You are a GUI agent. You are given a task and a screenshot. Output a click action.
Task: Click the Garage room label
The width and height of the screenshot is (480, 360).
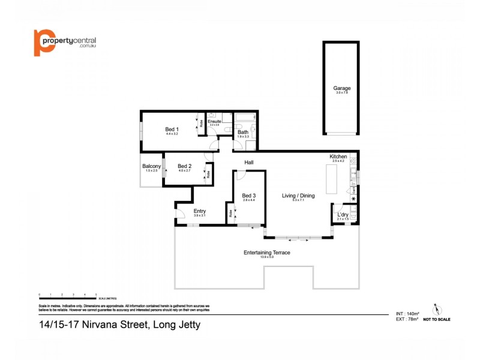point(342,88)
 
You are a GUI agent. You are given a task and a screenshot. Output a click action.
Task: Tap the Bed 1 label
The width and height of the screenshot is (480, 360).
point(172,129)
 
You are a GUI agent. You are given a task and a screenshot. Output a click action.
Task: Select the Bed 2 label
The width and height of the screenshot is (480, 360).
point(185,166)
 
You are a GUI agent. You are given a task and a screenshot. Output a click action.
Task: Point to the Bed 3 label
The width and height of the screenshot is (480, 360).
point(249,196)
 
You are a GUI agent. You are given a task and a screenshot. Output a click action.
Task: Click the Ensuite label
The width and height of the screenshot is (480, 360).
point(214,121)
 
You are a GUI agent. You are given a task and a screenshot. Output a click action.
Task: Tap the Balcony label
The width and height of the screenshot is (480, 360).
point(151,166)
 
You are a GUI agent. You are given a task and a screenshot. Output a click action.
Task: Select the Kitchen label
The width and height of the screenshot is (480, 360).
point(338,157)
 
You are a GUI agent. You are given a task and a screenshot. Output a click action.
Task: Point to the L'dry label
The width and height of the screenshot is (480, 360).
point(343,214)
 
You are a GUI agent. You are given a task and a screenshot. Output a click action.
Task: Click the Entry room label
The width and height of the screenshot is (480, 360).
point(200,211)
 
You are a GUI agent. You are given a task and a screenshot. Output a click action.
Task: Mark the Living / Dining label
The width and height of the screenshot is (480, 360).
point(298,196)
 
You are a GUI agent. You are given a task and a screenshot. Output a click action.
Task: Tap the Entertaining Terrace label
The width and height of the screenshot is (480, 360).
point(266,253)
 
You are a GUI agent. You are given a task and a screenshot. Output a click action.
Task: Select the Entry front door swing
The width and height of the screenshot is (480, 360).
point(179,214)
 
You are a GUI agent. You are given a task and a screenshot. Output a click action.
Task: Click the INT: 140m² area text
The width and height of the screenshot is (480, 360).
point(406,314)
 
